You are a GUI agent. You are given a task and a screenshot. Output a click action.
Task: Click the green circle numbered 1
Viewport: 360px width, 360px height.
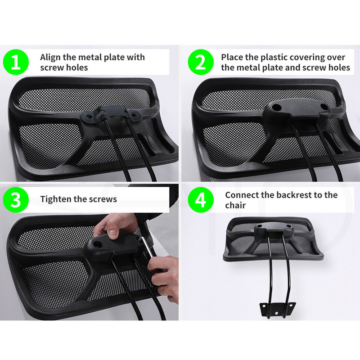pyautogui.click(x=16, y=62)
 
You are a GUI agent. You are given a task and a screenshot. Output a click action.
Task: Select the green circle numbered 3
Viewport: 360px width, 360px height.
pyautogui.click(x=16, y=200)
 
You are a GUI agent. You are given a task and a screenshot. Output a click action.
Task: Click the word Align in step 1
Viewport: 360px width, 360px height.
pyautogui.click(x=50, y=57)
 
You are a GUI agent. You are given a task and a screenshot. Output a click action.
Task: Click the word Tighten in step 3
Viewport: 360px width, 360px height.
pyautogui.click(x=56, y=199)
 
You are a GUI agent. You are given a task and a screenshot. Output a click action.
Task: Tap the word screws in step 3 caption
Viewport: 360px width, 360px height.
pyautogui.click(x=103, y=199)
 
